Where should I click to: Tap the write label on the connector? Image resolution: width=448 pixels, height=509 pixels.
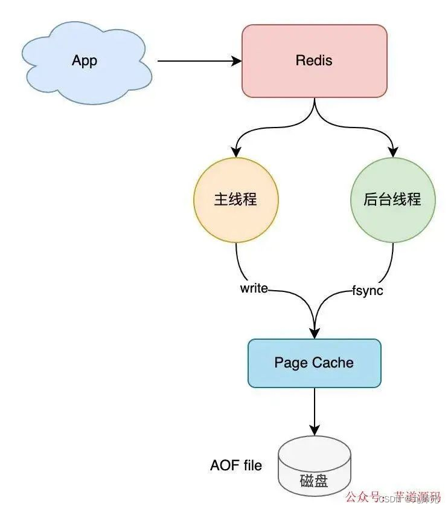(x=254, y=288)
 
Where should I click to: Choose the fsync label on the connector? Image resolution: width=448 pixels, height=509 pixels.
(x=368, y=290)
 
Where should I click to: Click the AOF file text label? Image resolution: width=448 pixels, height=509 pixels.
(x=236, y=465)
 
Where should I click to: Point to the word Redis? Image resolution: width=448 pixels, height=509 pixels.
(x=314, y=60)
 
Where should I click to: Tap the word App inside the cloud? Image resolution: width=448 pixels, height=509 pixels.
(x=85, y=60)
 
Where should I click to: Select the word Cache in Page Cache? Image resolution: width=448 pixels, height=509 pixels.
(x=333, y=363)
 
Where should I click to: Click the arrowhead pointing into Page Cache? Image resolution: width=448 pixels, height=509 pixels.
(x=314, y=333)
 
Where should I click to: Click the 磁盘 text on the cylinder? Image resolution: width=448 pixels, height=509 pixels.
(x=314, y=482)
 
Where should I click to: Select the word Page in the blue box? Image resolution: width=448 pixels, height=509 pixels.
(x=292, y=363)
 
